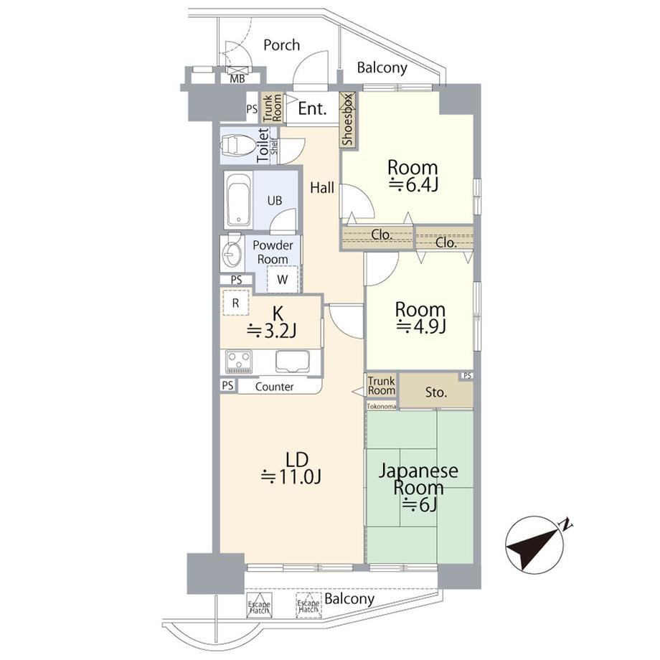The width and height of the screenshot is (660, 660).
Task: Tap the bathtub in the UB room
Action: (238, 200)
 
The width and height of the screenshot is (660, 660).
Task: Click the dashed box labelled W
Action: (283, 279)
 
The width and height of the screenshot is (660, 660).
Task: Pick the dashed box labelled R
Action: (236, 303)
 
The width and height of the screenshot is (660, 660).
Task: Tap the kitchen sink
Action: (293, 362)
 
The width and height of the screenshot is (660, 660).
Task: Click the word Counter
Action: (275, 387)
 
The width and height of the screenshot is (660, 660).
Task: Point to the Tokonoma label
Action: (382, 407)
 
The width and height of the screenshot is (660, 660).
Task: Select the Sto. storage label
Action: (435, 392)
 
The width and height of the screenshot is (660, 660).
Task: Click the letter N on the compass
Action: (565, 524)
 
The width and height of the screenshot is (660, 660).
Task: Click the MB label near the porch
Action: (237, 78)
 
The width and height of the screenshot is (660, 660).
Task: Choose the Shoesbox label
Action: (348, 120)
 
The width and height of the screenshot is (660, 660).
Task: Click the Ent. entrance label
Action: (312, 108)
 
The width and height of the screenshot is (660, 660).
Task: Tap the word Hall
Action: (322, 188)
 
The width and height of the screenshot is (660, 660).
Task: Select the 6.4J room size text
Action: (414, 185)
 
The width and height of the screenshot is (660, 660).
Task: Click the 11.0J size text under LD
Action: (292, 477)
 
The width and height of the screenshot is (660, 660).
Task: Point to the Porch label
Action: (282, 44)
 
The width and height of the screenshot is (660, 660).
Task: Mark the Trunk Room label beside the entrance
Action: (271, 108)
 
